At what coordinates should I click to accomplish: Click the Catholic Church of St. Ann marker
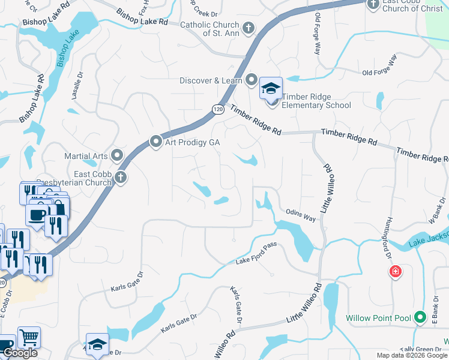pos(248,28)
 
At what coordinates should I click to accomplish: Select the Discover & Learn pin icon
pos(251,80)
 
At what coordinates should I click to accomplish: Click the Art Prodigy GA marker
pos(156,142)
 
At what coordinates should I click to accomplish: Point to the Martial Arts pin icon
pos(117,155)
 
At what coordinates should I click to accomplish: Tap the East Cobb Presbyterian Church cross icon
pos(121,178)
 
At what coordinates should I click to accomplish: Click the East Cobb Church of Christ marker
pos(372,4)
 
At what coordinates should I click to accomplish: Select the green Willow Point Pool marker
pos(420,317)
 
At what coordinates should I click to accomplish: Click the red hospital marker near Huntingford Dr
pos(395,272)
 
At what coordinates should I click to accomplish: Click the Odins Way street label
pos(301,216)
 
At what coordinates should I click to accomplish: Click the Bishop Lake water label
pos(68,50)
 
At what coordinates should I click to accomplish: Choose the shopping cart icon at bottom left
pos(29,338)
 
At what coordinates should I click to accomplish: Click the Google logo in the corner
pos(20,353)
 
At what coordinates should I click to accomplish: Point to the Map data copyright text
pos(412,355)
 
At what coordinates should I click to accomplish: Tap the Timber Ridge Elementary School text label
pos(316,101)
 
